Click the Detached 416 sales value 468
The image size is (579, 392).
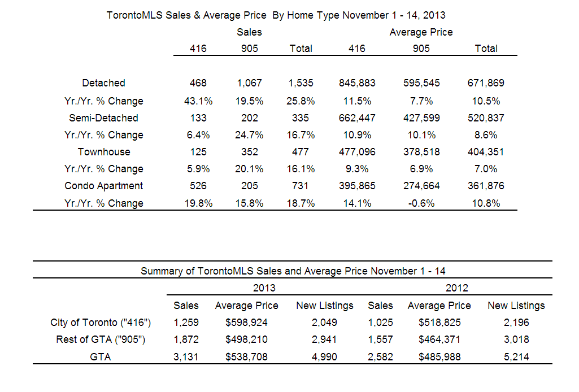[x=198, y=83]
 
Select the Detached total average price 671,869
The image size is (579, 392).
[x=486, y=83]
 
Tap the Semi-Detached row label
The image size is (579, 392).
[x=104, y=118]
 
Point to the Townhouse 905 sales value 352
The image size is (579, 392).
[x=250, y=152]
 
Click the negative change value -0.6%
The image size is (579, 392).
[x=421, y=203]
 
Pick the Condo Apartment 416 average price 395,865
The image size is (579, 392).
[x=357, y=186]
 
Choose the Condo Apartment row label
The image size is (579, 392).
[x=104, y=186]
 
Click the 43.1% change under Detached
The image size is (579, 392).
[x=198, y=101]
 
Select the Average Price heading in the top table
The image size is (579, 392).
[x=421, y=33]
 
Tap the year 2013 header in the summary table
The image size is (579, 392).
[x=264, y=288]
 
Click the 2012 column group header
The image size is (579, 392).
[x=457, y=288]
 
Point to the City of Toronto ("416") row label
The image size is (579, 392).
[x=101, y=323]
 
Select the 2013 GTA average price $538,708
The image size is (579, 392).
[x=246, y=357]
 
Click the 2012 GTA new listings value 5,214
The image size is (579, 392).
[x=516, y=357]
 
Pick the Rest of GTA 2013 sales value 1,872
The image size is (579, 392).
[x=186, y=339]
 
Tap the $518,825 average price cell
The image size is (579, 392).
[x=439, y=323]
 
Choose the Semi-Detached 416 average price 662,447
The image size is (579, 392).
[x=357, y=118]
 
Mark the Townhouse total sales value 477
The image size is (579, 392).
[x=301, y=152]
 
